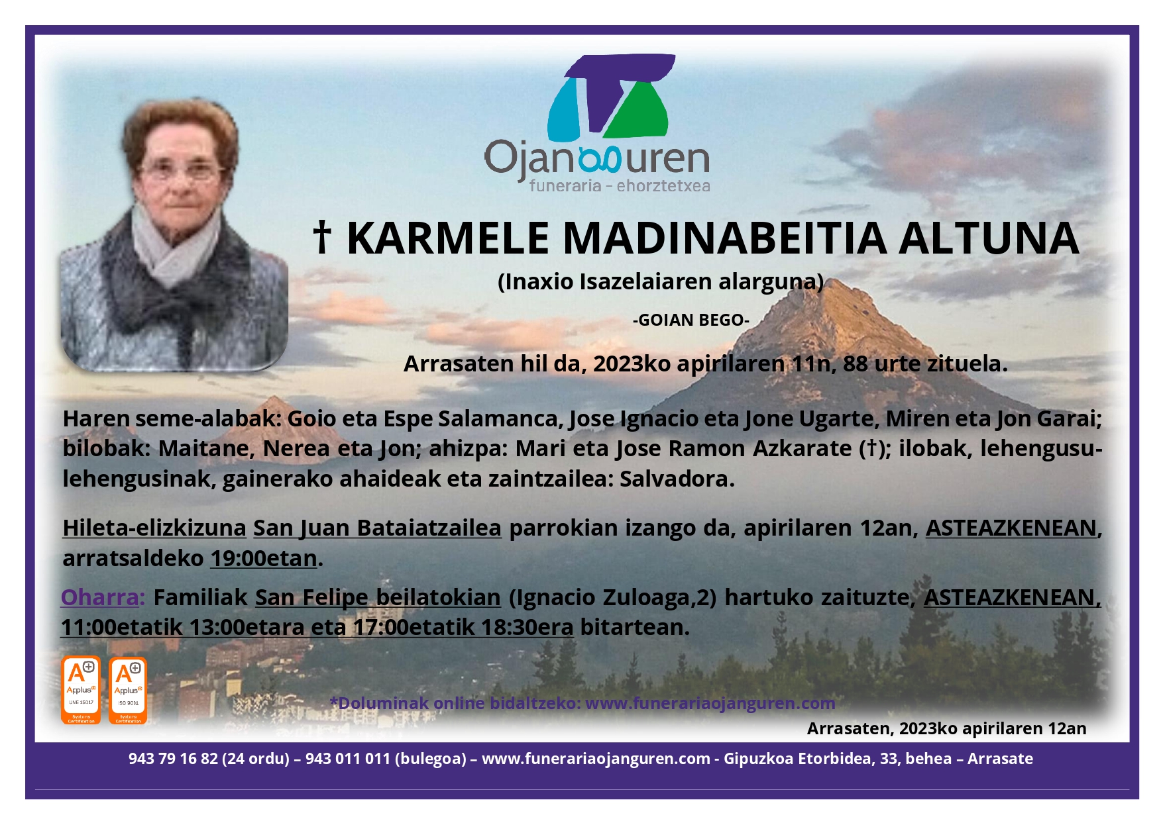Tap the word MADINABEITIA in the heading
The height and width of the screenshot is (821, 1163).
tap(725, 238)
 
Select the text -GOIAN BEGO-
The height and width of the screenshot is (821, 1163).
tap(691, 320)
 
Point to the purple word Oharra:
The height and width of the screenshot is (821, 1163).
tap(103, 597)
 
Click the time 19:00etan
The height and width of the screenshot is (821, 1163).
tap(264, 559)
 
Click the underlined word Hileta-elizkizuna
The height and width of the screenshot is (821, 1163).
tap(154, 528)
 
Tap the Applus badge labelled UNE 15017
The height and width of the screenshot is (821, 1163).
tap(81, 689)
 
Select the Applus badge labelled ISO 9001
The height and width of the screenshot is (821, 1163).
tap(128, 690)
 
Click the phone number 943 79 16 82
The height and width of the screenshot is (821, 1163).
tap(173, 759)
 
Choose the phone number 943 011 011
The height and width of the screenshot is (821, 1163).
tap(347, 759)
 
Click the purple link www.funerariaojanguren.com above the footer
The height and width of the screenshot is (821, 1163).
tap(710, 703)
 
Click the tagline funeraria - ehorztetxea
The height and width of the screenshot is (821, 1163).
tap(619, 186)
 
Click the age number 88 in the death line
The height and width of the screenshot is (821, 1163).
tap(855, 363)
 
